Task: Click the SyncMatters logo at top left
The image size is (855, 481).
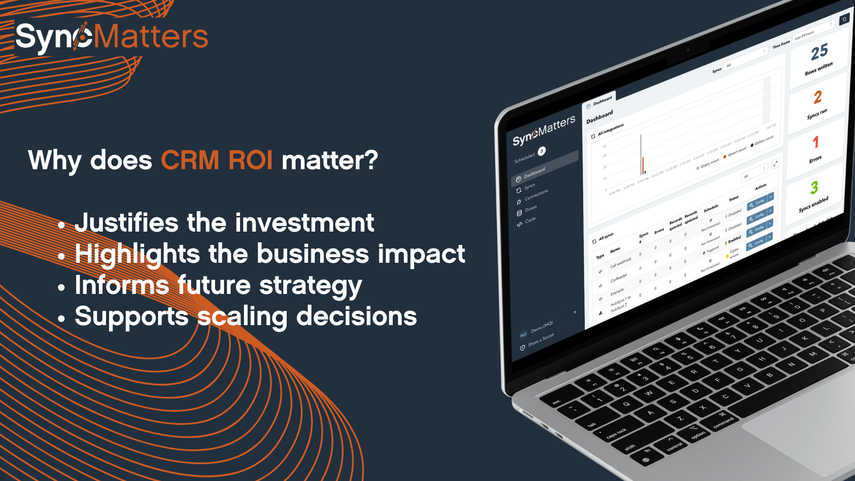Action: [111, 37]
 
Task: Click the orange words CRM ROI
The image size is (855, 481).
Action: [216, 160]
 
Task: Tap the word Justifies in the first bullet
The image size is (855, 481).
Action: [126, 223]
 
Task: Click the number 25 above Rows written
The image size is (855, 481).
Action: [819, 52]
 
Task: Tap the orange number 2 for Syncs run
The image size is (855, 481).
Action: [818, 97]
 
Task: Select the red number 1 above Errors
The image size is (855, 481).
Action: [815, 142]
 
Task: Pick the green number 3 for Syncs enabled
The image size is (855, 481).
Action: [814, 188]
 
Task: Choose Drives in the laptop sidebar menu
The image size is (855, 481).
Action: [530, 208]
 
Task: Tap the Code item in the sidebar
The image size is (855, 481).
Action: [530, 220]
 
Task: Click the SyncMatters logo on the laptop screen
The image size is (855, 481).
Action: [544, 130]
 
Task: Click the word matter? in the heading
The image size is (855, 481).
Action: [330, 160]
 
